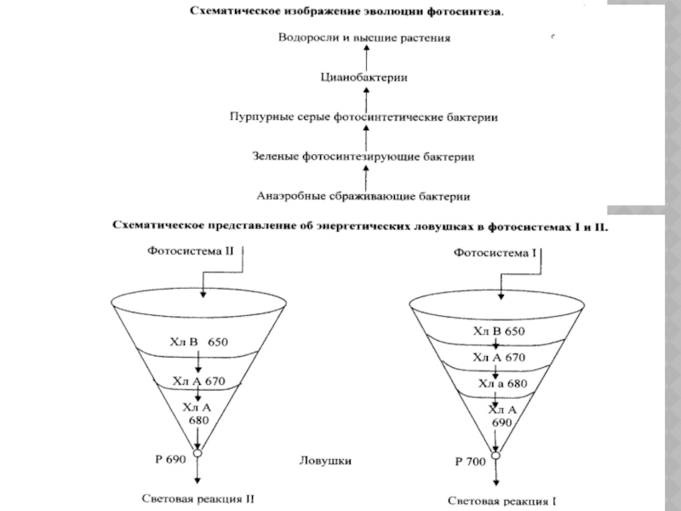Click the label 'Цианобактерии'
(363, 77)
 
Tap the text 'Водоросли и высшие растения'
(363, 38)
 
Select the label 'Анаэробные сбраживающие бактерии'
(363, 195)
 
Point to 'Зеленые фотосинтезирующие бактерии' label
(363, 157)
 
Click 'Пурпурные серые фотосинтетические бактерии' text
(363, 117)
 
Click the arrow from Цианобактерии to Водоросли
(364, 57)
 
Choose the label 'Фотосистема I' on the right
(495, 252)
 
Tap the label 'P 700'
(470, 462)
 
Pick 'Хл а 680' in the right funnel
(502, 383)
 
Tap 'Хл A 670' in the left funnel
(198, 381)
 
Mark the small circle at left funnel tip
(198, 455)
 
